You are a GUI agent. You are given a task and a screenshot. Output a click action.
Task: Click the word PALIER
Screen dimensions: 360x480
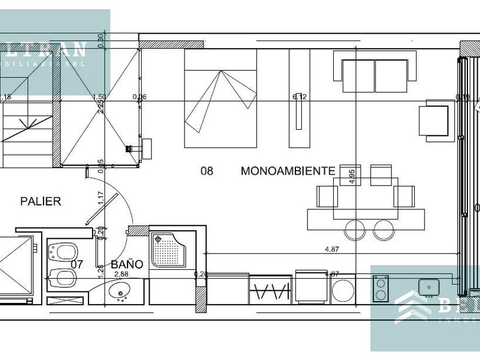point(40,201)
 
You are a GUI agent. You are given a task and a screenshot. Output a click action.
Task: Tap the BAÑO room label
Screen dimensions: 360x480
point(127,264)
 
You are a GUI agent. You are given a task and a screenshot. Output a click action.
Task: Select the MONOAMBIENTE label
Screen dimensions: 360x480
point(287,170)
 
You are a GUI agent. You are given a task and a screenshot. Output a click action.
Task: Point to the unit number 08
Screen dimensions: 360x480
point(206,170)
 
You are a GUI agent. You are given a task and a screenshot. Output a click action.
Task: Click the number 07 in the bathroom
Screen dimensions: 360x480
point(78,264)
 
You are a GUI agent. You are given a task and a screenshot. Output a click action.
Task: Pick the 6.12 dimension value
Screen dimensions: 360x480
point(299,97)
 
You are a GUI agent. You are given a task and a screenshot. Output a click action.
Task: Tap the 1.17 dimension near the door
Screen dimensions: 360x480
point(101,198)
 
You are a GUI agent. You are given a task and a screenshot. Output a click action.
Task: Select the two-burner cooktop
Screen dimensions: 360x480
point(381,289)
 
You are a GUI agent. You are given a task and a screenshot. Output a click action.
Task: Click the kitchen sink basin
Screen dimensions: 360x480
point(427,286)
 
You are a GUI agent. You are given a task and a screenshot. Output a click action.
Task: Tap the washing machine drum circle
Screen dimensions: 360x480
point(343,291)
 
